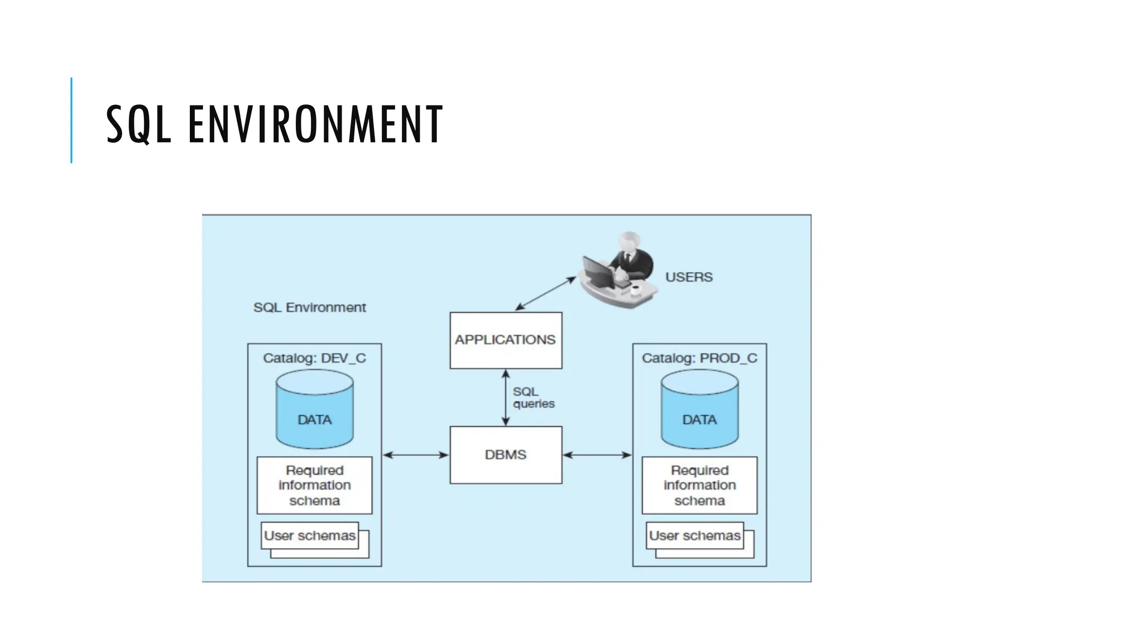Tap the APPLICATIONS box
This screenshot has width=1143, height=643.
pyautogui.click(x=506, y=340)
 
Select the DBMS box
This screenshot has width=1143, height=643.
pyautogui.click(x=506, y=455)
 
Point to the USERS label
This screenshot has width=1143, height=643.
pyautogui.click(x=689, y=277)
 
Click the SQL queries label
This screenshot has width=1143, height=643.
pyautogui.click(x=533, y=397)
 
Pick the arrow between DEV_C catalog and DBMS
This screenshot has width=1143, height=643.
pyautogui.click(x=416, y=455)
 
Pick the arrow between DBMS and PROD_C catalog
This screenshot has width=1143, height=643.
pyautogui.click(x=597, y=455)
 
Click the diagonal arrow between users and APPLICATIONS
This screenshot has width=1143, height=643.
pyautogui.click(x=545, y=293)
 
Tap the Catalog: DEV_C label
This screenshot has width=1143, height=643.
pyautogui.click(x=314, y=358)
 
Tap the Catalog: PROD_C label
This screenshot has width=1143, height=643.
pyautogui.click(x=699, y=358)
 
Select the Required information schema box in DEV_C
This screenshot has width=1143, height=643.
pyautogui.click(x=314, y=485)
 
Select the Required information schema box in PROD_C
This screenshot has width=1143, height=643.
pyautogui.click(x=699, y=485)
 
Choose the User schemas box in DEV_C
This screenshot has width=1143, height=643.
pyautogui.click(x=310, y=536)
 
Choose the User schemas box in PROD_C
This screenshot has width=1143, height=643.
pyautogui.click(x=695, y=536)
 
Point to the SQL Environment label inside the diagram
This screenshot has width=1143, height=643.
pyautogui.click(x=310, y=308)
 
